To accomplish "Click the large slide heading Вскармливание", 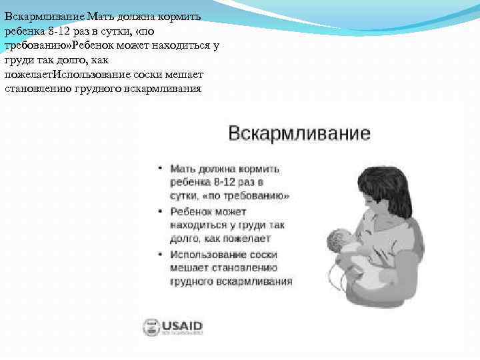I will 299,133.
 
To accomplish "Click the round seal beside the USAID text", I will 150,327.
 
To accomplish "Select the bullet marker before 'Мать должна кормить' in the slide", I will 160,169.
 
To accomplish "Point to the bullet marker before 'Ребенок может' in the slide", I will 160,211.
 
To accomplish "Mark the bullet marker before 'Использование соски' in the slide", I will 160,255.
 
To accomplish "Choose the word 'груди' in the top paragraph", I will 18,59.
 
